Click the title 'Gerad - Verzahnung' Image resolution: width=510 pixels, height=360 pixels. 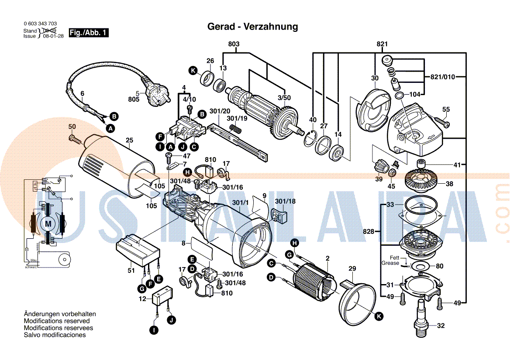(252, 27)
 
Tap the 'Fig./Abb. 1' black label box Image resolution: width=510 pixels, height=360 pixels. (88, 33)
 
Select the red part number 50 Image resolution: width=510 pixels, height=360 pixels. (72, 126)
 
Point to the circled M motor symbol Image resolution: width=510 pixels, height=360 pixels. (48, 224)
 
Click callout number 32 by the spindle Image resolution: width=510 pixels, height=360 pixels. (441, 326)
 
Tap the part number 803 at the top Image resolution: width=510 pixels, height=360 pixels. (234, 44)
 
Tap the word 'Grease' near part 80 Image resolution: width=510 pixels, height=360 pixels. (390, 263)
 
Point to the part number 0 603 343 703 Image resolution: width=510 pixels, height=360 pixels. (40, 24)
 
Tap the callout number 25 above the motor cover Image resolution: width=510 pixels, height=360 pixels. (129, 140)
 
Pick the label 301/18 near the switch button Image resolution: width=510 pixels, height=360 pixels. (285, 202)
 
